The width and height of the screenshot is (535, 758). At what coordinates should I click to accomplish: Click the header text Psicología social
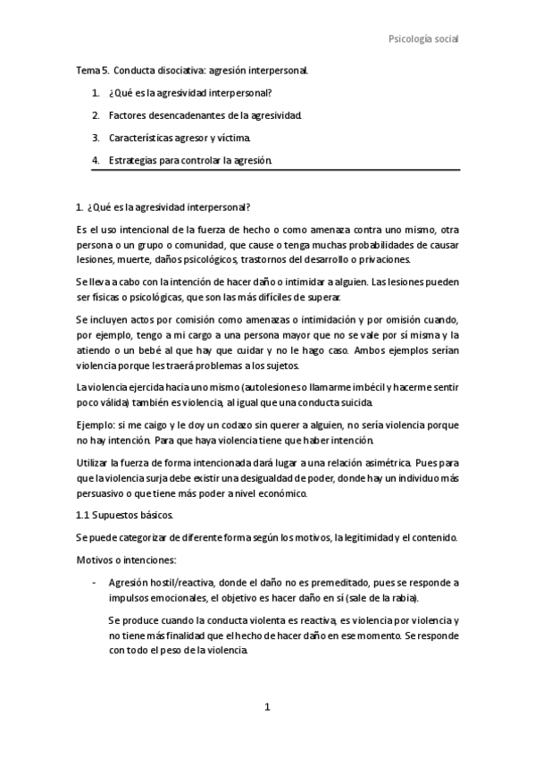pyautogui.click(x=423, y=39)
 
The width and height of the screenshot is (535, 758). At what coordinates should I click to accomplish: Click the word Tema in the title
pyautogui.click(x=88, y=70)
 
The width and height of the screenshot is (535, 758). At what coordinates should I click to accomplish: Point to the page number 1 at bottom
pyautogui.click(x=267, y=706)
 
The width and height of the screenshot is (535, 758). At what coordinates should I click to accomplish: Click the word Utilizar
pyautogui.click(x=96, y=466)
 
